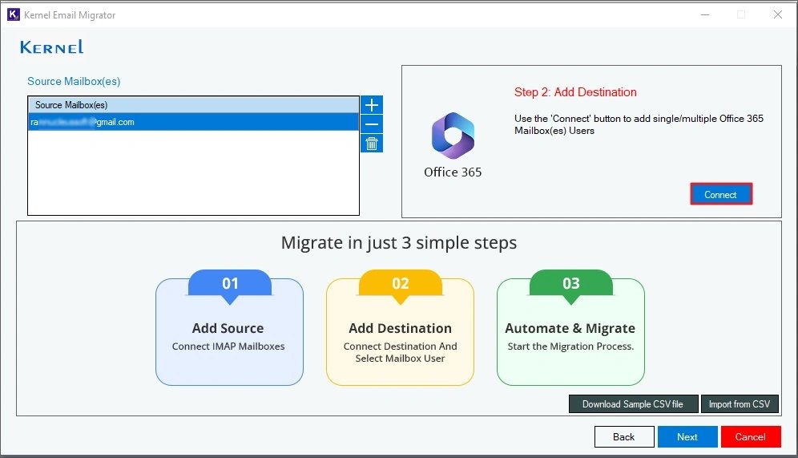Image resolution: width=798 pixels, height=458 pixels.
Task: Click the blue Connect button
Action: coord(720,194)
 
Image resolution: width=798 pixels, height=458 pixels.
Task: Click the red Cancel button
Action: coord(750,436)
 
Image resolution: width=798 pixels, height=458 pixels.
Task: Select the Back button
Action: coord(623,436)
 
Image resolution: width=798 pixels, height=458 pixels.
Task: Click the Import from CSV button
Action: coord(740,404)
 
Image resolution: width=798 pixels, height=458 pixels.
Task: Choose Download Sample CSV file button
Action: coord(632,404)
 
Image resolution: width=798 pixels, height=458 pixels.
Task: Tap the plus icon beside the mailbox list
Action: coord(372,105)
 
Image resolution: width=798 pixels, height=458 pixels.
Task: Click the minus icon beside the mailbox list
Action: coord(372,124)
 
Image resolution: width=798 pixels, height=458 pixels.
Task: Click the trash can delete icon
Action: coord(372,144)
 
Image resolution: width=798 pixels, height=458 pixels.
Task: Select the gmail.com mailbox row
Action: coord(192,123)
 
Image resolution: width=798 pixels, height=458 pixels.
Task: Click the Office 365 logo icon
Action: coord(453,136)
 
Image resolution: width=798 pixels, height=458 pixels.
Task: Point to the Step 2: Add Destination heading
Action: coord(575,92)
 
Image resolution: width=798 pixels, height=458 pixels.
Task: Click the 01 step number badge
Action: coord(230,283)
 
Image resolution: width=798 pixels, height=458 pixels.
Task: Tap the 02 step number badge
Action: coord(400,283)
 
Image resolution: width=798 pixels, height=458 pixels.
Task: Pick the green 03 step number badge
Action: coord(570,283)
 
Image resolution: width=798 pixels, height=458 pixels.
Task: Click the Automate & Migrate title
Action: coord(570,328)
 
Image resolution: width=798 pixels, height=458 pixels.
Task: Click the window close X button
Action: coord(777,14)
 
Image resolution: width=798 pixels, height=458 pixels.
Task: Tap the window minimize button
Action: coord(705,14)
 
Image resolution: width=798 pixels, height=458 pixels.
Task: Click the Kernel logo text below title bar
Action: coord(52,47)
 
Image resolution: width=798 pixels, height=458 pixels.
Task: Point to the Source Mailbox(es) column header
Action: coord(192,105)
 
